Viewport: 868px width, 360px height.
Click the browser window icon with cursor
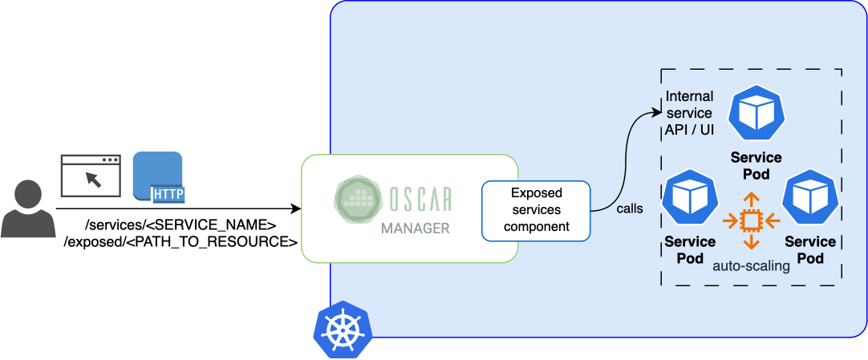pyautogui.click(x=91, y=176)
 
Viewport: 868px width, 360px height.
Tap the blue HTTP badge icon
pyautogui.click(x=158, y=176)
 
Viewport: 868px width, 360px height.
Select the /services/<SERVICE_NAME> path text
pyautogui.click(x=180, y=225)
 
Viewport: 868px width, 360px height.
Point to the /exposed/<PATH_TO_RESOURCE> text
pyautogui.click(x=180, y=241)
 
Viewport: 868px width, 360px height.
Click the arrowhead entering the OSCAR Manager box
pyautogui.click(x=295, y=208)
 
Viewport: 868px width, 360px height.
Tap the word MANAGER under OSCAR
pyautogui.click(x=415, y=229)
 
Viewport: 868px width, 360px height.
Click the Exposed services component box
pyautogui.click(x=536, y=210)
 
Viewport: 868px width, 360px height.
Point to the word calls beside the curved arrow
pyautogui.click(x=630, y=209)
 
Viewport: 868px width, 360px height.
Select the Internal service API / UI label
pyautogui.click(x=689, y=113)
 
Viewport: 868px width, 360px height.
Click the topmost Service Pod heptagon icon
pyautogui.click(x=756, y=114)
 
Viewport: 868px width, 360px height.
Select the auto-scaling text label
pyautogui.click(x=751, y=266)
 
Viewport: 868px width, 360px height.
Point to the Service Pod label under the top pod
pyautogui.click(x=756, y=166)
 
